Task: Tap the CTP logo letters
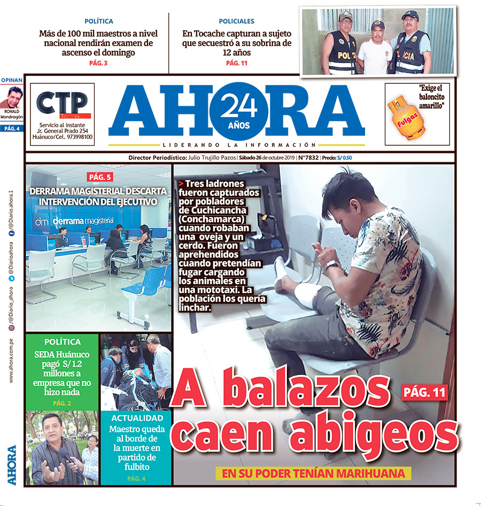[61, 102]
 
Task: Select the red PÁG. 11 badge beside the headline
[424, 392]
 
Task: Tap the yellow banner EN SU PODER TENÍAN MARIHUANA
[314, 473]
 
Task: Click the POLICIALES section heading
[236, 21]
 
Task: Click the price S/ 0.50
[347, 158]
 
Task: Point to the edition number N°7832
[308, 158]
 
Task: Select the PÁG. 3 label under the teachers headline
[98, 64]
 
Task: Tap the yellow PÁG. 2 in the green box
[62, 403]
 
